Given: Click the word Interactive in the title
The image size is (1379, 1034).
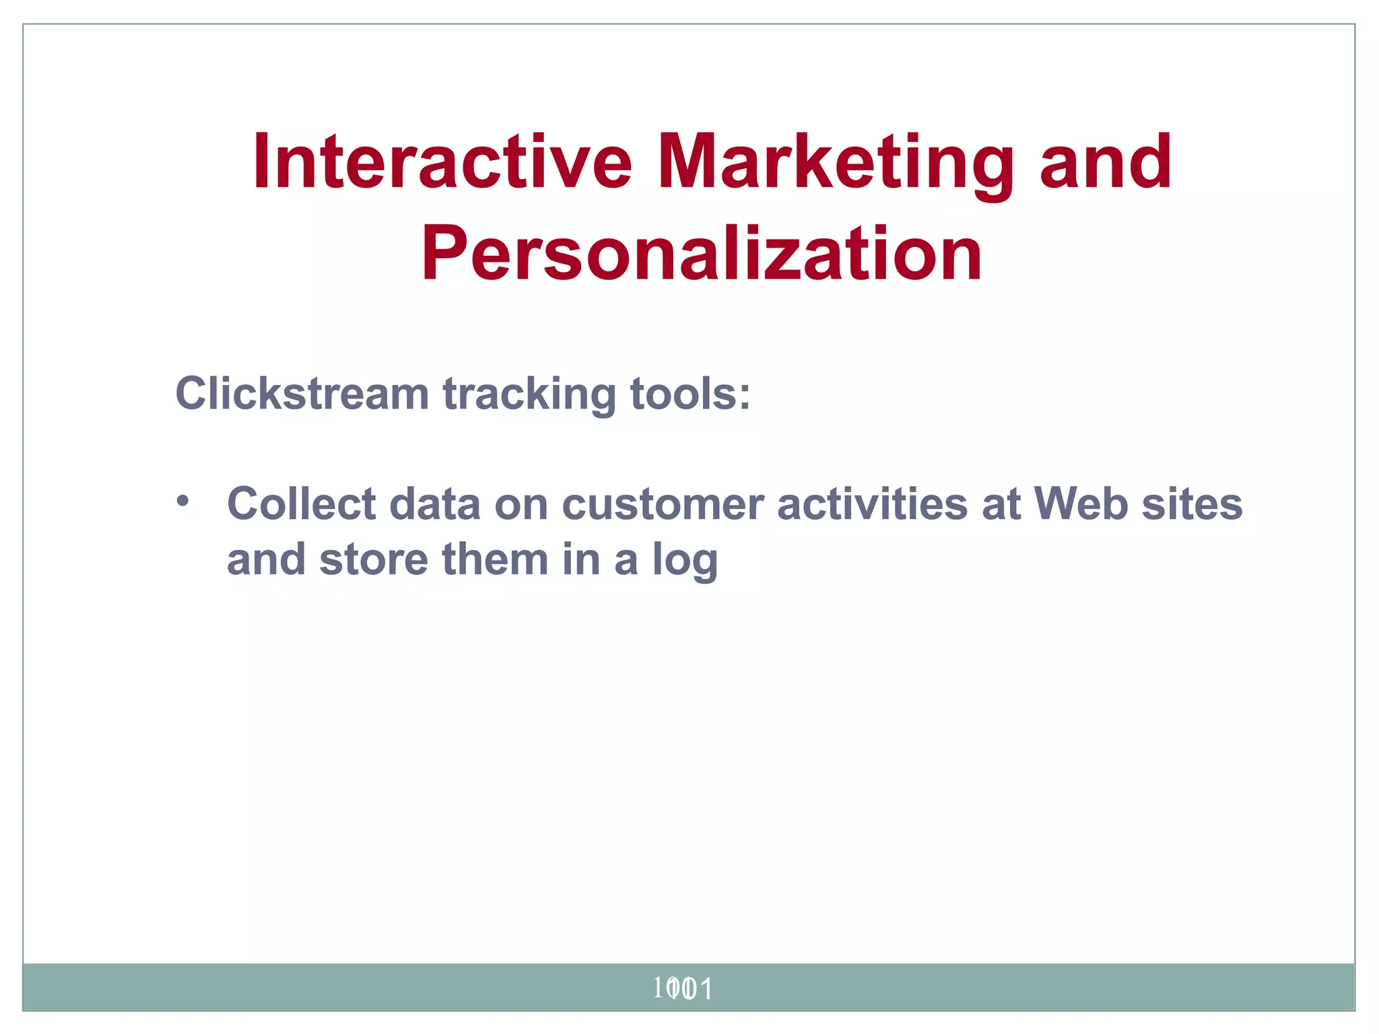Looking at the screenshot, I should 442,163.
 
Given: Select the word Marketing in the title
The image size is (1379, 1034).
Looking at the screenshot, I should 835,163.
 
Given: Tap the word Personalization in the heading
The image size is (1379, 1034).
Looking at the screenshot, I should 702,254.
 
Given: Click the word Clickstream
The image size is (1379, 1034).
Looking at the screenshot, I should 302,393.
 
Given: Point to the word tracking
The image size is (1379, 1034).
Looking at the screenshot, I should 529,393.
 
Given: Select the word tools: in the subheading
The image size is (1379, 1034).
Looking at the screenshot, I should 689,393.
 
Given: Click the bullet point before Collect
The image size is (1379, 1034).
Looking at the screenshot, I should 182,502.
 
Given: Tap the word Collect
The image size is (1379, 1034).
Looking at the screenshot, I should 301,504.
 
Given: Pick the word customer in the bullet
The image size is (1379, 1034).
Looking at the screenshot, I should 663,504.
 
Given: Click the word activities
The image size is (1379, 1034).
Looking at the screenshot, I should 872,504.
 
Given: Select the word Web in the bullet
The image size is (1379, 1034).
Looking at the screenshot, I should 1081,504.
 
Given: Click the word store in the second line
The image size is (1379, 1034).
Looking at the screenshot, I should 374,559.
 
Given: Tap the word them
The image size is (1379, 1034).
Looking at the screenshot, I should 495,559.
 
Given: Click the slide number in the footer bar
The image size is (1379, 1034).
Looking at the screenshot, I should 683,988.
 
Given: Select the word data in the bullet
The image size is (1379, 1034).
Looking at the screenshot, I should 435,504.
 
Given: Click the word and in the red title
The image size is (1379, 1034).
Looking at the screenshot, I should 1106,163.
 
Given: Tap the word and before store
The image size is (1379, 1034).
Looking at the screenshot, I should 266,559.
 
